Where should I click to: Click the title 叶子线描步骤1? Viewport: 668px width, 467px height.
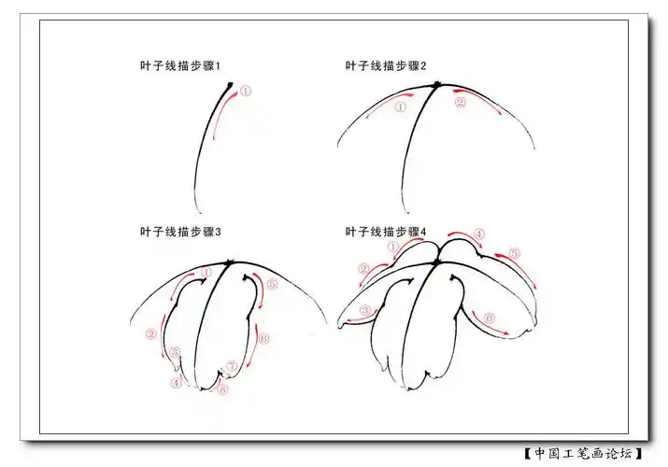(179, 66)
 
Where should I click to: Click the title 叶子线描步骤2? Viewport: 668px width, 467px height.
(386, 66)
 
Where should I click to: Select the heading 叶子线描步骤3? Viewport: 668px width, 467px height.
(179, 232)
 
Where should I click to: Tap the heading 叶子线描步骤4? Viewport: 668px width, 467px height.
(386, 232)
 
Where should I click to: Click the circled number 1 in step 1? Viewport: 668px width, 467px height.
(246, 92)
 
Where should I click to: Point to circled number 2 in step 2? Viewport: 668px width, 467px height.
(460, 103)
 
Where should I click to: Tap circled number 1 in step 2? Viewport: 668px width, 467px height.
(401, 106)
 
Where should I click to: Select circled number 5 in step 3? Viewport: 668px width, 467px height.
(272, 284)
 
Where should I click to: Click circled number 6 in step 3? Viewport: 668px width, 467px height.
(263, 339)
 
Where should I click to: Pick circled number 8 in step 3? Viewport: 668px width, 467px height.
(221, 390)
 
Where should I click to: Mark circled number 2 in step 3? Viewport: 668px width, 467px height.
(152, 333)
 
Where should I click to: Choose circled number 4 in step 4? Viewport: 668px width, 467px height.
(478, 234)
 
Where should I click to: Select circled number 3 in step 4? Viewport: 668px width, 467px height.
(366, 310)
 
